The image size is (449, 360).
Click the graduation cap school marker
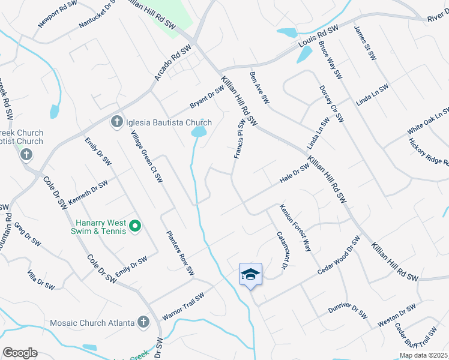(250, 275)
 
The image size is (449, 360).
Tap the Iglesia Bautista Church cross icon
(116, 122)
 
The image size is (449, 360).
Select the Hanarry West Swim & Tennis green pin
(135, 226)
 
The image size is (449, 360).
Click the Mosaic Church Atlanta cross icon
(143, 323)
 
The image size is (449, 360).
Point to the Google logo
(20, 353)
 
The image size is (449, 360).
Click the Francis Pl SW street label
(240, 139)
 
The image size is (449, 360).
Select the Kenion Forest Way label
(296, 227)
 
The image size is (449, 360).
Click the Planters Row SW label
(180, 252)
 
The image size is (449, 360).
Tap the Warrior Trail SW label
(184, 305)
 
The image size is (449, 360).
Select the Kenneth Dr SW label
(88, 192)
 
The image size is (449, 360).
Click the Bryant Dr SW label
(206, 97)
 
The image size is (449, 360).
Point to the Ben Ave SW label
(257, 86)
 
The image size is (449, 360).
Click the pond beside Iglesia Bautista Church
(197, 131)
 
